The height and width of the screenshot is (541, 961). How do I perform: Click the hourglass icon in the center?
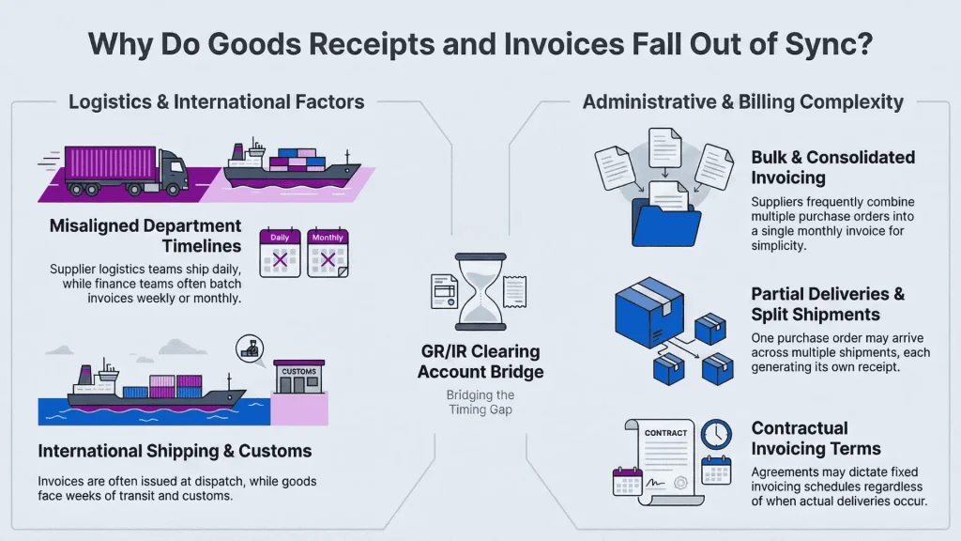(479, 291)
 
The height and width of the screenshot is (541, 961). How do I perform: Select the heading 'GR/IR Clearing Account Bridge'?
(480, 362)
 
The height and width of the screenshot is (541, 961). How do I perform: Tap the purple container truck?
(126, 169)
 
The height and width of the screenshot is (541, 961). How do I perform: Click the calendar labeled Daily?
(279, 252)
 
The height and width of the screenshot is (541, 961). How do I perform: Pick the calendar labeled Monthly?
(328, 252)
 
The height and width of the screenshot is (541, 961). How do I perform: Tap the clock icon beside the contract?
(716, 434)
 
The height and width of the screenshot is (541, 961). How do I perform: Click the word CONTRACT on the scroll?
(665, 433)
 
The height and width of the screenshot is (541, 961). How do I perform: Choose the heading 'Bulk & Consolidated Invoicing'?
(832, 167)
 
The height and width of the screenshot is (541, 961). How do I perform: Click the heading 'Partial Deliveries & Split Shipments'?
(828, 304)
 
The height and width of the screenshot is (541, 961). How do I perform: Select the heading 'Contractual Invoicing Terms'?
(816, 439)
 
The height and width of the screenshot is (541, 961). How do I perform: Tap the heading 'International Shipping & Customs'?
(175, 452)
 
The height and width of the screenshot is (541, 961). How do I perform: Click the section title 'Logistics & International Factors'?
(216, 101)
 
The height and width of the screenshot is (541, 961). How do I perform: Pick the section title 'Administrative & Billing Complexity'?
(742, 101)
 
